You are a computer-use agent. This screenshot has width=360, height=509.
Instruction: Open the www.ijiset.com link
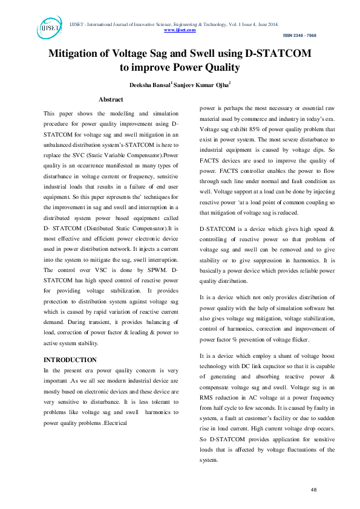point(180,29)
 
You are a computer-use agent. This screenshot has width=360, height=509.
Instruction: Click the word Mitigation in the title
point(78,53)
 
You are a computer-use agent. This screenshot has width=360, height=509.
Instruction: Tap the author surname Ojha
point(219,85)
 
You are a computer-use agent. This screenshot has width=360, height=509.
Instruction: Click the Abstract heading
point(111,99)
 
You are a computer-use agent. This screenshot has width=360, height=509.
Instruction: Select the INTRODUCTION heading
point(70,360)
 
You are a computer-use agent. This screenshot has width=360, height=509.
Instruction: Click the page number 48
point(313,488)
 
